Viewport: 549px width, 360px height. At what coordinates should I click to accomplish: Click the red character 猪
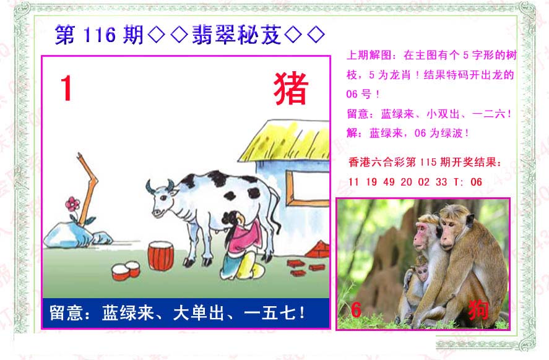pyautogui.click(x=291, y=88)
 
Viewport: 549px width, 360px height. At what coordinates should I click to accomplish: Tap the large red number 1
pyautogui.click(x=66, y=88)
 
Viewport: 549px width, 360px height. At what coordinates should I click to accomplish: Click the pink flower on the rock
pyautogui.click(x=72, y=204)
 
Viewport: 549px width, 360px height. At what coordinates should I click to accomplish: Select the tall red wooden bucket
pyautogui.click(x=161, y=255)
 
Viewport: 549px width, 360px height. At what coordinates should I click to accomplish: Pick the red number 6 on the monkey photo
pyautogui.click(x=356, y=309)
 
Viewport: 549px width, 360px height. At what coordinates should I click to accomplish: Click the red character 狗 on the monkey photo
pyautogui.click(x=478, y=309)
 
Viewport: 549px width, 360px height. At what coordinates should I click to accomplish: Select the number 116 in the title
pyautogui.click(x=100, y=35)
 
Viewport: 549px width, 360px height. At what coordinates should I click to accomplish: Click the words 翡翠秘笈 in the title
pyautogui.click(x=236, y=35)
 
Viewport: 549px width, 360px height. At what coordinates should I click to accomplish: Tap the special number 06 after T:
pyautogui.click(x=476, y=182)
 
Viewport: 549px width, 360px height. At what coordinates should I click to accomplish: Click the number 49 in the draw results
pyautogui.click(x=389, y=182)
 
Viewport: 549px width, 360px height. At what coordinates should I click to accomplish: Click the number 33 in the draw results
pyautogui.click(x=441, y=182)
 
